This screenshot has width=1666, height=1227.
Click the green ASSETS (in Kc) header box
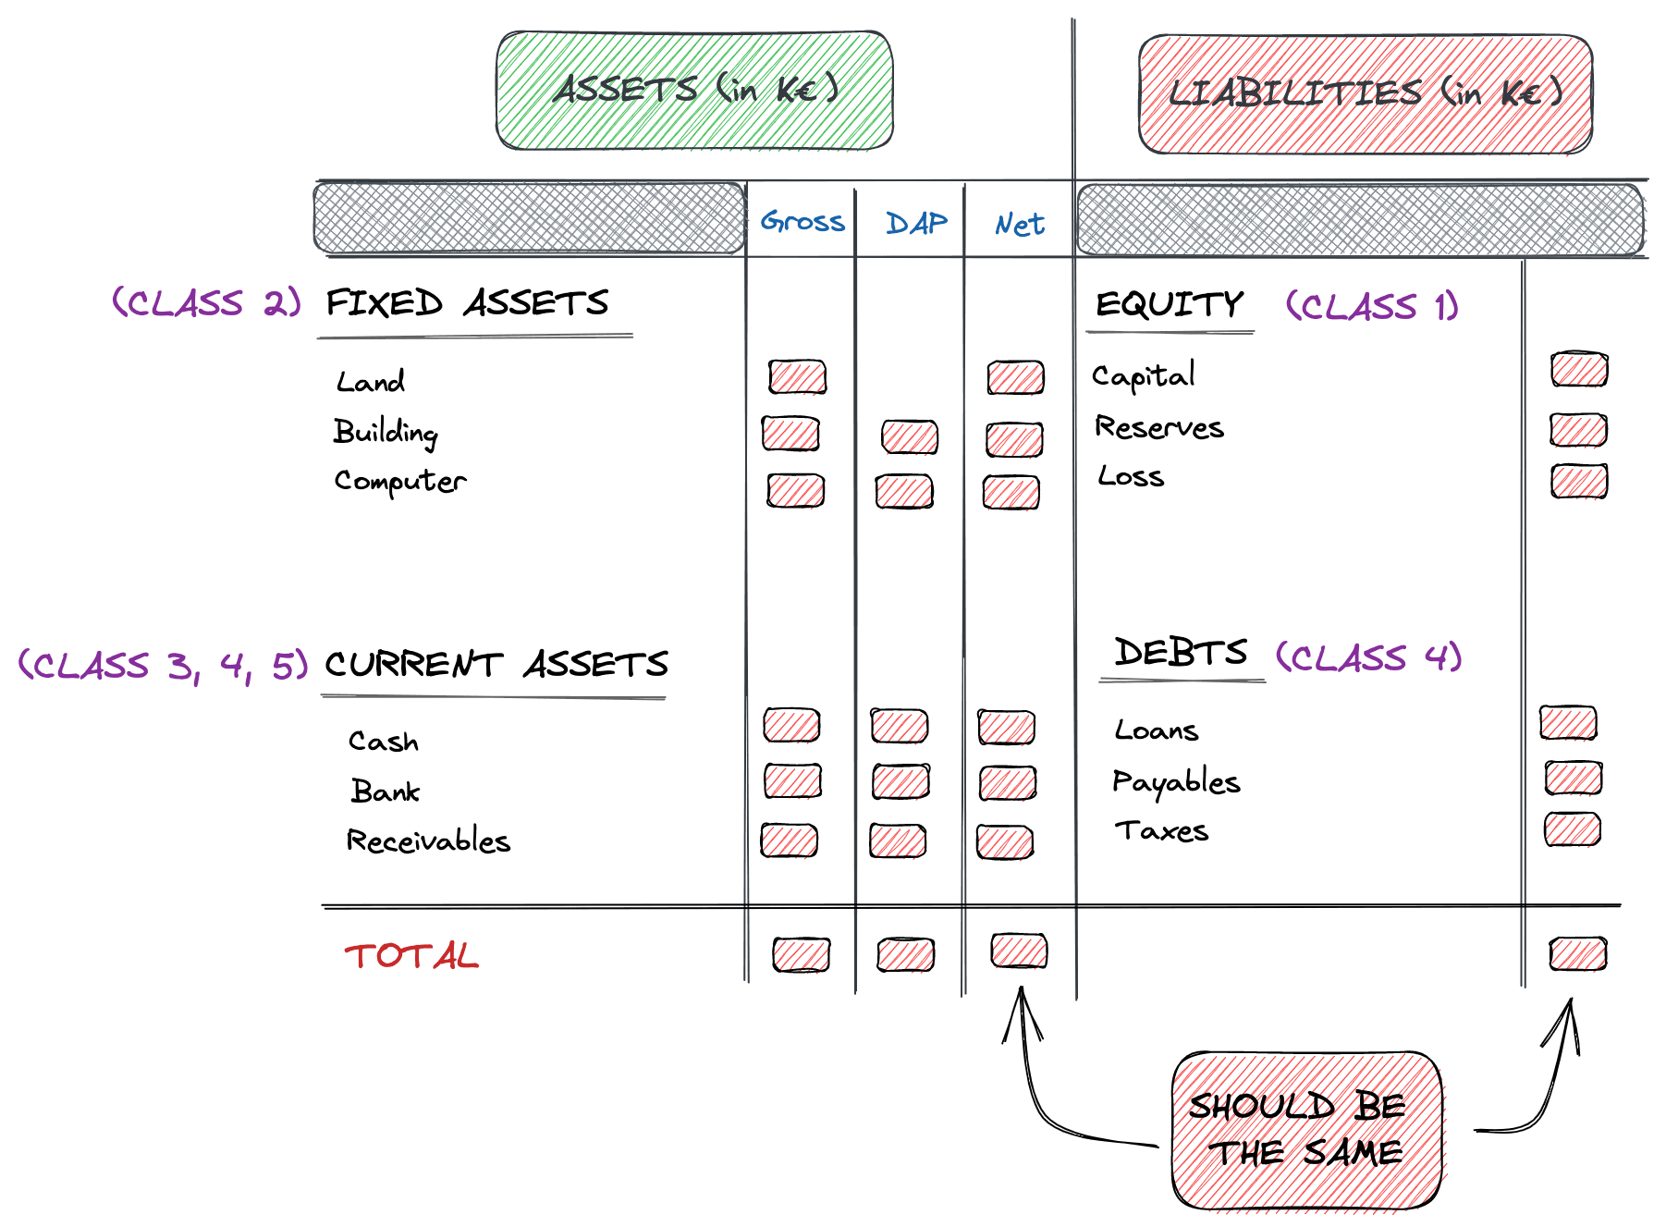pyautogui.click(x=694, y=90)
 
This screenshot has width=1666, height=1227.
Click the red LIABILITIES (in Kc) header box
pyautogui.click(x=1365, y=93)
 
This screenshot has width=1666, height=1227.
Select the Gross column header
pyautogui.click(x=802, y=222)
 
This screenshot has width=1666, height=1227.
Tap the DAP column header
pyautogui.click(x=915, y=223)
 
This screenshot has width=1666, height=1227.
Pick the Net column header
pyautogui.click(x=1020, y=224)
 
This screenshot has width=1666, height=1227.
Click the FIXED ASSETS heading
pyautogui.click(x=467, y=303)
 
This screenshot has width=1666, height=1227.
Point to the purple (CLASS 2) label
pyautogui.click(x=206, y=302)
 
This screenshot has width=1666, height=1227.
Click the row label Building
pyautogui.click(x=386, y=432)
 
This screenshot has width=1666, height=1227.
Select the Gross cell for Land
pyautogui.click(x=797, y=377)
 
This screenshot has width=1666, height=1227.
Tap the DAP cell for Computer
pyautogui.click(x=904, y=492)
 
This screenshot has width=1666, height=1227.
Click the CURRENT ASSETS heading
pyautogui.click(x=496, y=664)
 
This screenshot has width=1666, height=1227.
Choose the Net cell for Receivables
pyautogui.click(x=1004, y=842)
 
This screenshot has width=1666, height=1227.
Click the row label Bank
pyautogui.click(x=385, y=791)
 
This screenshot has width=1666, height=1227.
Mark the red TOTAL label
pyautogui.click(x=411, y=955)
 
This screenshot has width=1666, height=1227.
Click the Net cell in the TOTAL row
pyautogui.click(x=1018, y=951)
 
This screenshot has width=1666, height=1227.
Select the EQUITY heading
pyautogui.click(x=1170, y=304)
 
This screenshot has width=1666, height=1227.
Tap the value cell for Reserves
pyautogui.click(x=1578, y=430)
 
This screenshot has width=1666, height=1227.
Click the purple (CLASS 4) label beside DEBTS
pyautogui.click(x=1368, y=657)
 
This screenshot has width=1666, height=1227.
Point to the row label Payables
pyautogui.click(x=1175, y=782)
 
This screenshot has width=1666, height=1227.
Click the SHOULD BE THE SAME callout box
pyautogui.click(x=1305, y=1129)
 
